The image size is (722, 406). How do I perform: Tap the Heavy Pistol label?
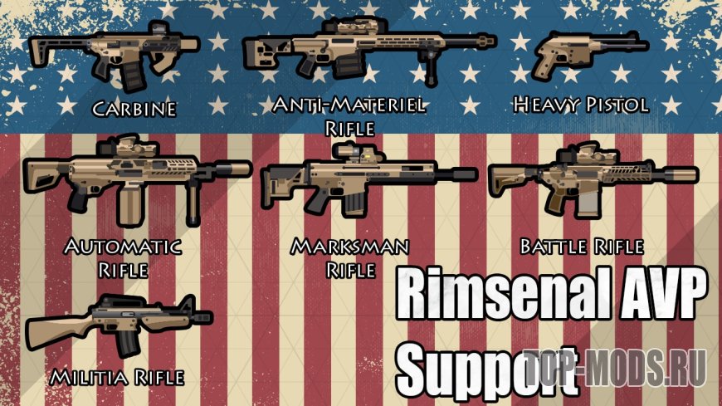pyautogui.click(x=580, y=105)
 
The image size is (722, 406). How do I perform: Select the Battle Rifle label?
pyautogui.click(x=581, y=247)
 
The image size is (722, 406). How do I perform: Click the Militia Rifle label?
pyautogui.click(x=116, y=378)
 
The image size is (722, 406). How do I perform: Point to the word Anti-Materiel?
pyautogui.click(x=349, y=105)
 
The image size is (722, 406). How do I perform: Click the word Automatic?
pyautogui.click(x=123, y=247)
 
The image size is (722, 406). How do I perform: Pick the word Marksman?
pyautogui.click(x=349, y=247)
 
